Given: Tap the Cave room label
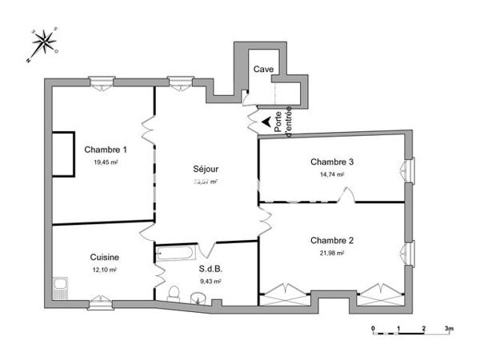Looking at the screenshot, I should (x=263, y=70).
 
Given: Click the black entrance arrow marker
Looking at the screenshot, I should (x=265, y=121).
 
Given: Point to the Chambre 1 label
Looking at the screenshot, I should (x=105, y=150).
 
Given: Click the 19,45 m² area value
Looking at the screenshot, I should (x=105, y=162).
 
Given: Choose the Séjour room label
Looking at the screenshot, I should (x=206, y=169).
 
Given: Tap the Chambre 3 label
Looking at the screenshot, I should (x=332, y=162).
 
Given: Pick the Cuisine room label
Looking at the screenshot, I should (x=105, y=257).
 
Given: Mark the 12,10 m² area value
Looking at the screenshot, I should (x=105, y=270).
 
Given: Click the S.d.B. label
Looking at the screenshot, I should (x=210, y=269).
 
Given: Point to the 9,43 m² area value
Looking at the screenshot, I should (x=210, y=281).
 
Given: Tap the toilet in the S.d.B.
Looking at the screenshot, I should (x=174, y=291).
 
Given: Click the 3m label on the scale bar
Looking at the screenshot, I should (x=450, y=329).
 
